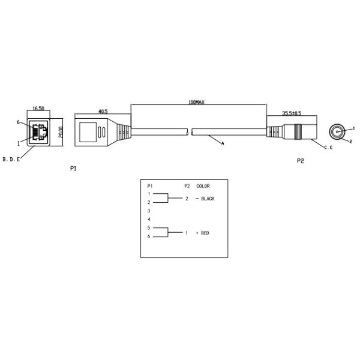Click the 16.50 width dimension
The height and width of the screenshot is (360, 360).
[x=38, y=109]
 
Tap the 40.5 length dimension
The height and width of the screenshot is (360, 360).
[x=102, y=110]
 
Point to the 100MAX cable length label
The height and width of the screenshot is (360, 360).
[x=197, y=103]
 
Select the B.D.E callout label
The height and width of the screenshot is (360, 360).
[x=11, y=159]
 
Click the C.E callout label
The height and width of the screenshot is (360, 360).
[x=328, y=147]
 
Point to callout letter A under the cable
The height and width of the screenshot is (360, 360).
[x=223, y=143]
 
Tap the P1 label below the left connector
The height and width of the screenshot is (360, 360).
[x=73, y=169]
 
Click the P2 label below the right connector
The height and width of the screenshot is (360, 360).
[x=301, y=161]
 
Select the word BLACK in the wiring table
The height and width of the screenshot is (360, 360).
[x=208, y=199]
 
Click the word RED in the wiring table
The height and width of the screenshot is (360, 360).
[x=205, y=233]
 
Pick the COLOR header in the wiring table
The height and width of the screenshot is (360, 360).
[x=203, y=186]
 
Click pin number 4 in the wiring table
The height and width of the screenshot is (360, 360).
[x=149, y=220]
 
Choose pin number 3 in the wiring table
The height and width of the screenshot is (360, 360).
[x=149, y=211]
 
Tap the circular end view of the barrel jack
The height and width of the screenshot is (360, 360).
[x=338, y=131]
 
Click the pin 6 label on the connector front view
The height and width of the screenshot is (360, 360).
[x=19, y=122]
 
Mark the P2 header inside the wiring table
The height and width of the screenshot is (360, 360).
[x=187, y=186]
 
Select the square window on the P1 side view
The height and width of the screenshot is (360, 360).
[x=89, y=131]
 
